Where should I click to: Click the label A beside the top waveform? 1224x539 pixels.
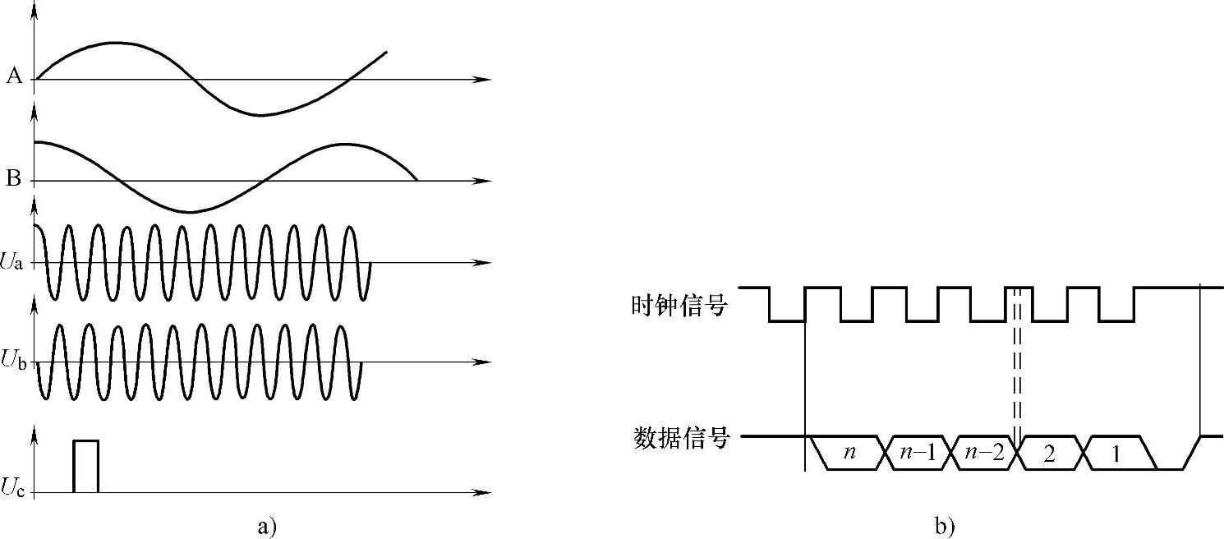pos(14,77)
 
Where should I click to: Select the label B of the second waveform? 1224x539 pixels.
pos(14,179)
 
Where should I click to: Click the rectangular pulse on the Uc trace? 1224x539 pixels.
pos(85,466)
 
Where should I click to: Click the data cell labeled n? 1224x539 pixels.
pos(849,453)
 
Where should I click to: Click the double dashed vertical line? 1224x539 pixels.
pos(1018,370)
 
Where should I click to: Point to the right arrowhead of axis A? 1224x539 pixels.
pos(485,80)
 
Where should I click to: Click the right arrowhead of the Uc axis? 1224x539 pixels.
pos(485,493)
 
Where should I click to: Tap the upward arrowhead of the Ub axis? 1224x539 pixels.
pos(34,303)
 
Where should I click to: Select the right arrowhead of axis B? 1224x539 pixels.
pos(485,181)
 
